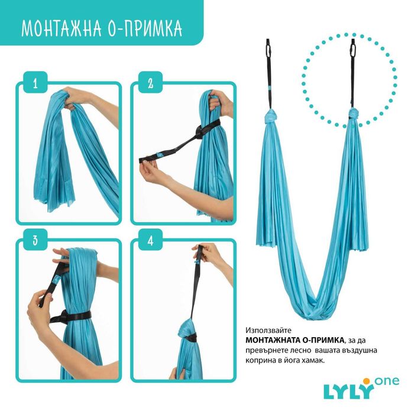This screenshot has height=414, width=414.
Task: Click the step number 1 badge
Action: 35,83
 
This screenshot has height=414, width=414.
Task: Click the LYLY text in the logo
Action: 348,391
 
